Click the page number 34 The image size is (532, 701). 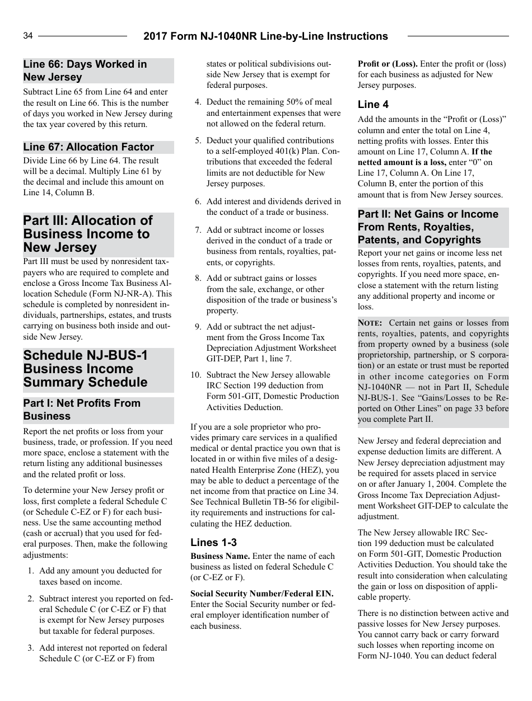tap(28, 36)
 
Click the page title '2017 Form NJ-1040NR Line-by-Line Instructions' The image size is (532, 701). tap(265, 36)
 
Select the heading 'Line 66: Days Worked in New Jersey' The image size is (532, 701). tap(85, 71)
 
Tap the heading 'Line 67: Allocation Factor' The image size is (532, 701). tap(88, 147)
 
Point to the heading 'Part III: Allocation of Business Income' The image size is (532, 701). tap(87, 234)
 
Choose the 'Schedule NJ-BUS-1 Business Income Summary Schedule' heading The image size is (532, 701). tap(86, 369)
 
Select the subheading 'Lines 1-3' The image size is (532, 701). tap(213, 542)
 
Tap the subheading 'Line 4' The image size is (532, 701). tap(373, 105)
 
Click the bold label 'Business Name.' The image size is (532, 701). tap(220, 556)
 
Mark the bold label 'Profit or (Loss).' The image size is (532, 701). tap(388, 64)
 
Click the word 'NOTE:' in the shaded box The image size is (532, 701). tap(370, 323)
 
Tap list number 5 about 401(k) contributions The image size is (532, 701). tap(198, 140)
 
